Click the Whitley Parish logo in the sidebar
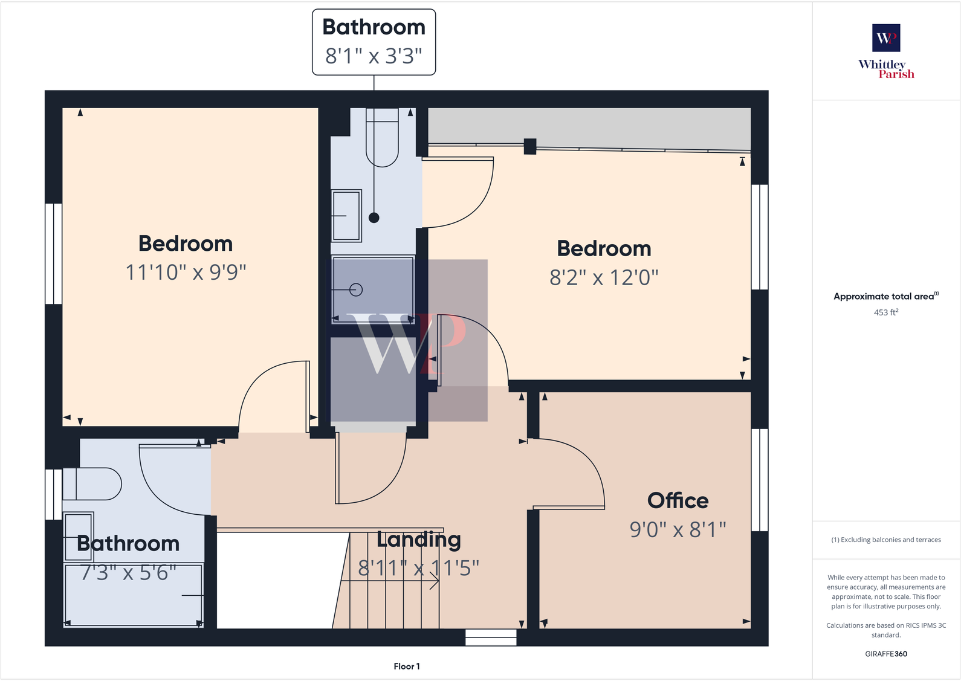[x=886, y=51]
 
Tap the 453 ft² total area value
[x=885, y=312]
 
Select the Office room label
[x=678, y=500]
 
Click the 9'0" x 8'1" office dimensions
[x=678, y=529]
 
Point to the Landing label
[x=418, y=539]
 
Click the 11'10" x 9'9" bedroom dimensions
[x=186, y=273]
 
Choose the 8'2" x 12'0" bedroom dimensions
[x=604, y=277]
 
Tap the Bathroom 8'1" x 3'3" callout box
[x=374, y=42]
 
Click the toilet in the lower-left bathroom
[x=92, y=483]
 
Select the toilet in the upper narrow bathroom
[x=382, y=137]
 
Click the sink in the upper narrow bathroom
[x=346, y=216]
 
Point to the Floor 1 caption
[x=407, y=666]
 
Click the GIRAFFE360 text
[x=885, y=654]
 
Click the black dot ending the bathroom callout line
[x=374, y=218]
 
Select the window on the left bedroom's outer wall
[x=54, y=253]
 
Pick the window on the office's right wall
[x=760, y=480]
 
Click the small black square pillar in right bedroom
[x=530, y=146]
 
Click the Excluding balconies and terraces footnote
[x=885, y=540]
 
